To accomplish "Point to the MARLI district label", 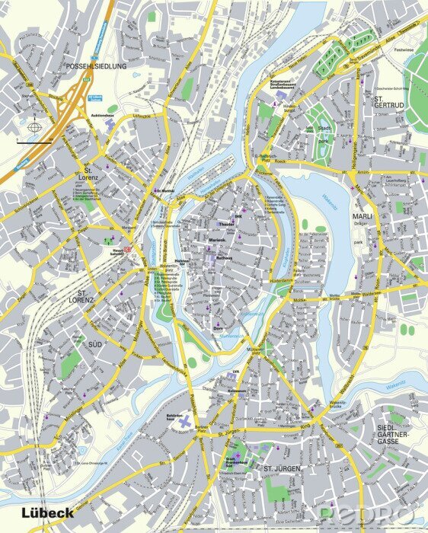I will [361, 216].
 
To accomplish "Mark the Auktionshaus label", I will [102, 116].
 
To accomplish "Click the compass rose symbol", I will [34, 128].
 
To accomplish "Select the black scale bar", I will [34, 142].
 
